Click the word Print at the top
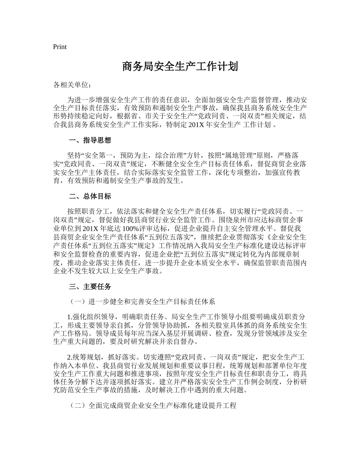tap(60, 47)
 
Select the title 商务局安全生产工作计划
tap(180, 67)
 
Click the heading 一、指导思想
tap(90, 141)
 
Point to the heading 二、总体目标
tap(90, 197)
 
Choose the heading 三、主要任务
tap(90, 287)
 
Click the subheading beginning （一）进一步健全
tap(142, 302)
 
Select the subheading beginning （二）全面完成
tap(153, 406)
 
